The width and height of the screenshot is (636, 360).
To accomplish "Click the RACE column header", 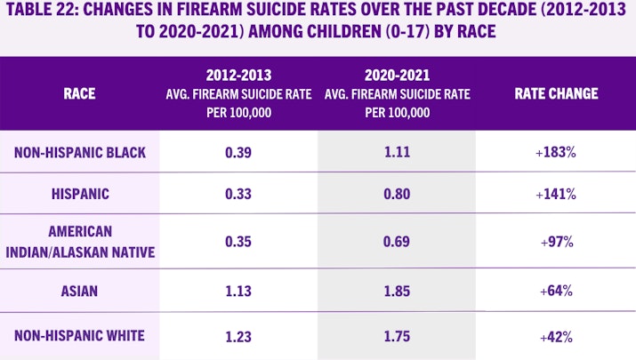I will pyautogui.click(x=79, y=93).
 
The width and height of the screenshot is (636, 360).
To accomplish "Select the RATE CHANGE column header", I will pyautogui.click(x=556, y=93).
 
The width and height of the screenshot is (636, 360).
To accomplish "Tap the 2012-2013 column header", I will pyautogui.click(x=237, y=93).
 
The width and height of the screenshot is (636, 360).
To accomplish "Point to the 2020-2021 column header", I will pyautogui.click(x=397, y=93).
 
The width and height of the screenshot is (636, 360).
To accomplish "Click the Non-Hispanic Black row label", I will pyautogui.click(x=80, y=153).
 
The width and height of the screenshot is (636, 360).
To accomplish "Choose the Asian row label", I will pyautogui.click(x=80, y=289).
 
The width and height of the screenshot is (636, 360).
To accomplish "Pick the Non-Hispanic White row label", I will pyautogui.click(x=80, y=337).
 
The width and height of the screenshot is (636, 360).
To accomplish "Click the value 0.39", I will pyautogui.click(x=237, y=153).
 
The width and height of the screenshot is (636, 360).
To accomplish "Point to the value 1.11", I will pyautogui.click(x=397, y=153).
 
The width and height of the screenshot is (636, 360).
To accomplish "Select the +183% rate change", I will pyautogui.click(x=556, y=153).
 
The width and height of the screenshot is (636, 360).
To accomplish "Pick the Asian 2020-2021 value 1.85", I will pyautogui.click(x=397, y=289).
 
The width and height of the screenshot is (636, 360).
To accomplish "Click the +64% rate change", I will pyautogui.click(x=556, y=289).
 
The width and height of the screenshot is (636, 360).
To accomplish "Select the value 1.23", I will pyautogui.click(x=237, y=337).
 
